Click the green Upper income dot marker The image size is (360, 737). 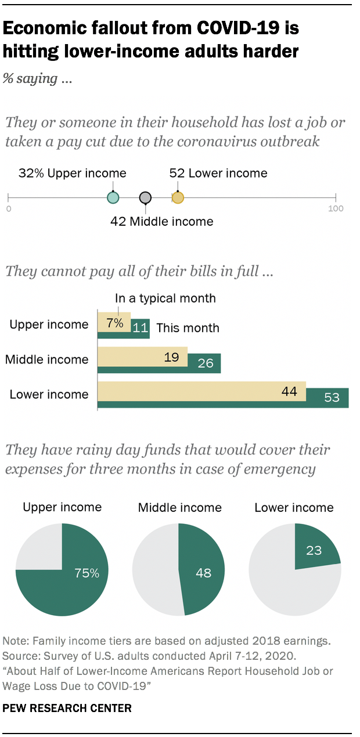tap(113, 198)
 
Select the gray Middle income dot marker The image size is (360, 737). tap(145, 198)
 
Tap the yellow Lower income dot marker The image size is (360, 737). tap(178, 198)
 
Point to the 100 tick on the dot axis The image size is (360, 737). tap(336, 208)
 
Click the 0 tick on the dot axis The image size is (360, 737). tap(9, 208)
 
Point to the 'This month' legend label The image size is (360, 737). tap(188, 328)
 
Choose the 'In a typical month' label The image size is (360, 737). tap(165, 298)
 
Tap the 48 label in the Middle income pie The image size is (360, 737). tap(203, 573)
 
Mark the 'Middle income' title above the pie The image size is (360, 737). tap(179, 508)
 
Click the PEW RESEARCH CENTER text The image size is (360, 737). tap(67, 708)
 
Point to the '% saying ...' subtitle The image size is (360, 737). tap(38, 80)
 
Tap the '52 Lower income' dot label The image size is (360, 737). tap(218, 173)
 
